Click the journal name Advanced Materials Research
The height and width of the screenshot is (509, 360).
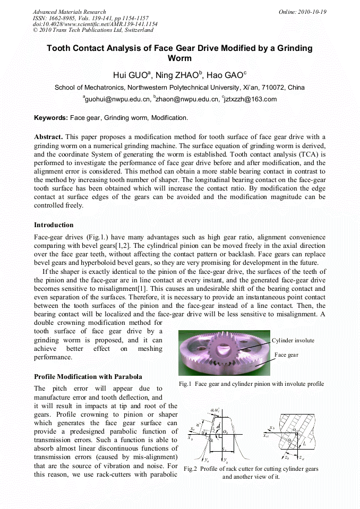69,12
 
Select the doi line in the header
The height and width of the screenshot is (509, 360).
95,24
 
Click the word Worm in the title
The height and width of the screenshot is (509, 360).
179,58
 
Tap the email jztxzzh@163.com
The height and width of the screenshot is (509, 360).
250,99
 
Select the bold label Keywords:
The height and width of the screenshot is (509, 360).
51,117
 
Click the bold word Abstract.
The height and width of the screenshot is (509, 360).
48,137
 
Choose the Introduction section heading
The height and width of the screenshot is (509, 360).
54,225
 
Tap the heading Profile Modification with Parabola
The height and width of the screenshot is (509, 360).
88,376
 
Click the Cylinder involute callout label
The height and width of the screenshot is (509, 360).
293,340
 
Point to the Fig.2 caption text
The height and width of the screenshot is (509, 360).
251,472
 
